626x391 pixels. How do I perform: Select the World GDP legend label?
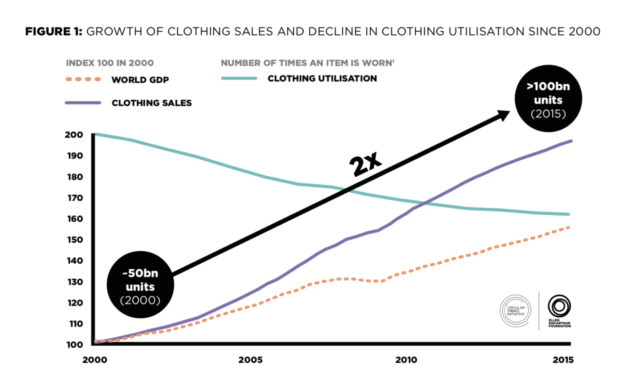click(140, 79)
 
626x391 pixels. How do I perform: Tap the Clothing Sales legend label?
click(151, 103)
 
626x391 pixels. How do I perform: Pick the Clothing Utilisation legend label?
click(322, 78)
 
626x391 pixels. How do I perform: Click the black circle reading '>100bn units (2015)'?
click(548, 100)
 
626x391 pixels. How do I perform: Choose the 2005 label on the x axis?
click(250, 360)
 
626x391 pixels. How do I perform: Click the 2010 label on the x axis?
click(406, 360)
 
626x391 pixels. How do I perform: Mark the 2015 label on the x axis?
click(562, 360)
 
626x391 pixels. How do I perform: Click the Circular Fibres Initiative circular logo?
click(515, 310)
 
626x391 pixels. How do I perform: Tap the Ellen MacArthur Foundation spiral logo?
click(560, 306)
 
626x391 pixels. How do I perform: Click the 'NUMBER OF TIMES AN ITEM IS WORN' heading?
click(306, 63)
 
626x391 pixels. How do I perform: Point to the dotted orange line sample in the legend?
click(83, 79)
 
